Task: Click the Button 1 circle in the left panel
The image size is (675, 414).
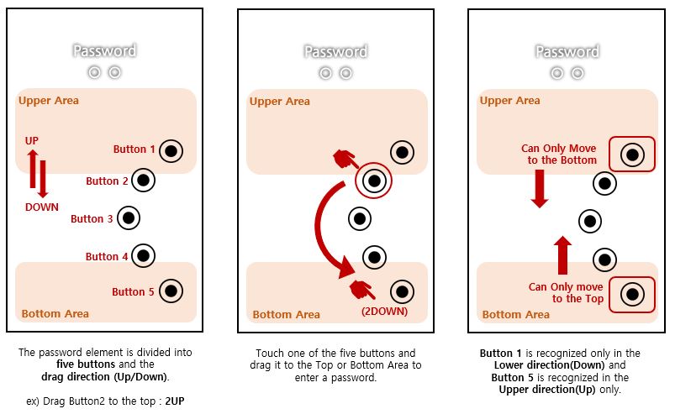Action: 171,151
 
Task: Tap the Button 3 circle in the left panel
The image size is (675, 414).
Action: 128,218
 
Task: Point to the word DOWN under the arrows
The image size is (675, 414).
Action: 41,207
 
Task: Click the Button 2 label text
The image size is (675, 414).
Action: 108,181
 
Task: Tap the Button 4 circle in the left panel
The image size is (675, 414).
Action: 143,256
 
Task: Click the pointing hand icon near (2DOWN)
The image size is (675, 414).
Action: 362,289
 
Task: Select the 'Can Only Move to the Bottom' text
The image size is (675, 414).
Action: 558,154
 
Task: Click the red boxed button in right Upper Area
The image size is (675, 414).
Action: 631,155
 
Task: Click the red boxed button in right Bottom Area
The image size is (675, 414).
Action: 631,295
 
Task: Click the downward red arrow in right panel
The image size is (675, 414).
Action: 540,188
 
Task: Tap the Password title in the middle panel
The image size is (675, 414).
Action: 335,51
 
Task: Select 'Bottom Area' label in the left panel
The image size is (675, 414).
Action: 55,313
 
